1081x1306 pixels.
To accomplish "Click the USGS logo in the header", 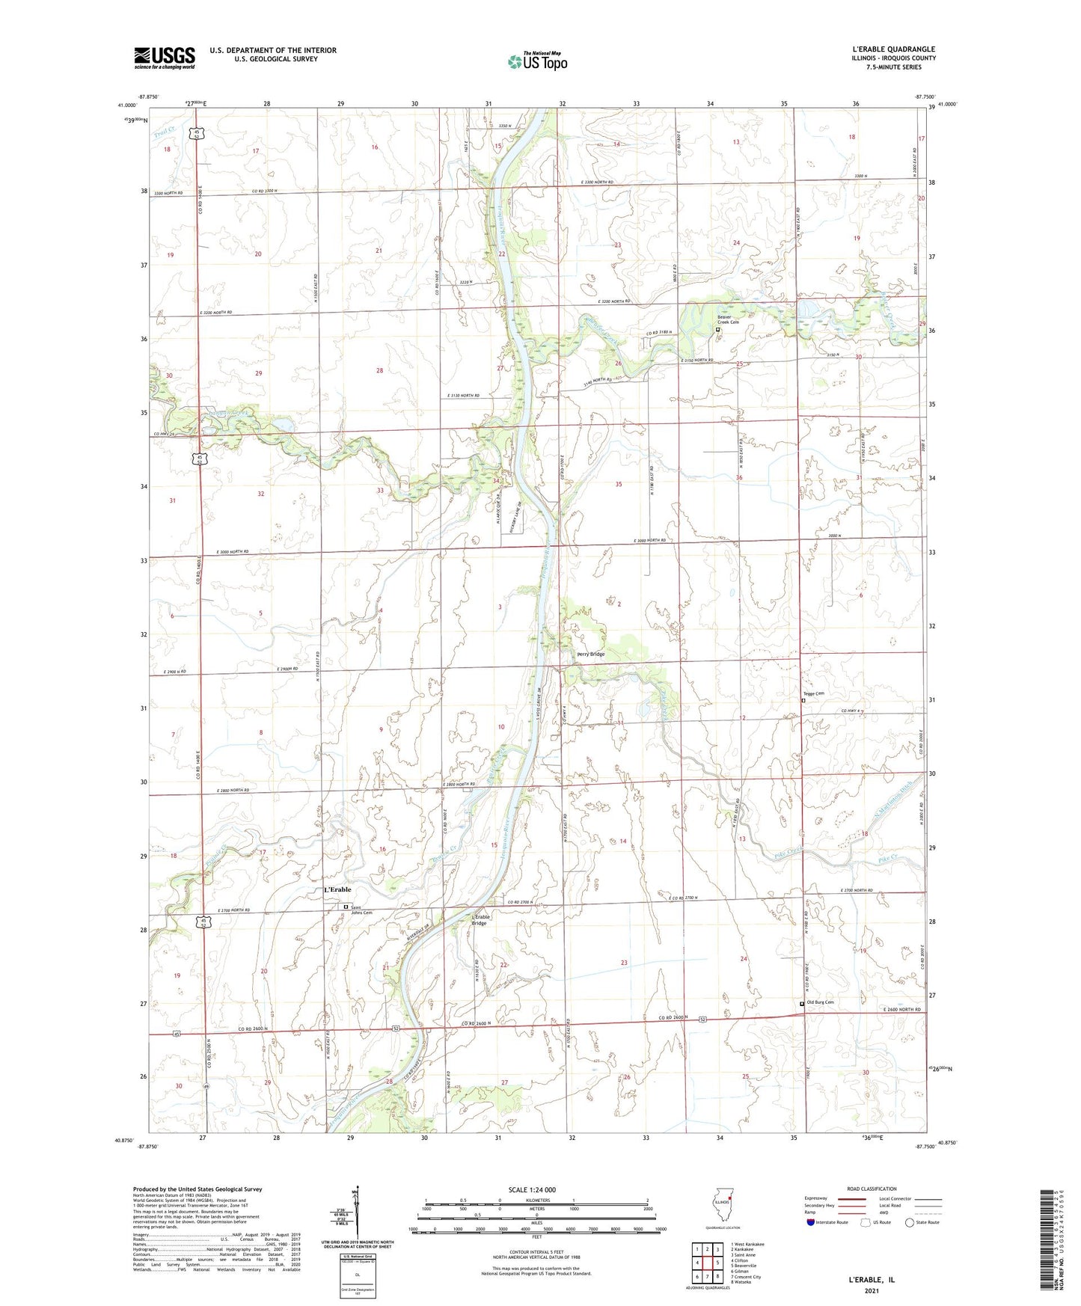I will [165, 58].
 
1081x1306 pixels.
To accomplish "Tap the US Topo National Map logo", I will [537, 61].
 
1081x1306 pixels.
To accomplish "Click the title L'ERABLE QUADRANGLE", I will [887, 49].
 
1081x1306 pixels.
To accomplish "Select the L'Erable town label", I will [337, 889].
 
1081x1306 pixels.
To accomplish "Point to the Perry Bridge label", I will [590, 654].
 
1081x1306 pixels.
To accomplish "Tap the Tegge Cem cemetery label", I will [814, 693].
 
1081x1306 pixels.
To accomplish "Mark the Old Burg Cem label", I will [819, 1002].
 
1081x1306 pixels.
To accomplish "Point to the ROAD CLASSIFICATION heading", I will [872, 1189].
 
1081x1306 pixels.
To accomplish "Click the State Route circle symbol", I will [910, 1222].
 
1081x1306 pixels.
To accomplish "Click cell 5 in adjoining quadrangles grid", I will [717, 1263].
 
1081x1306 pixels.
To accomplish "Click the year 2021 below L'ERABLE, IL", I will [872, 1290].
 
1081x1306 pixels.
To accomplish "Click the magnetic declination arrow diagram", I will [357, 1215].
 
